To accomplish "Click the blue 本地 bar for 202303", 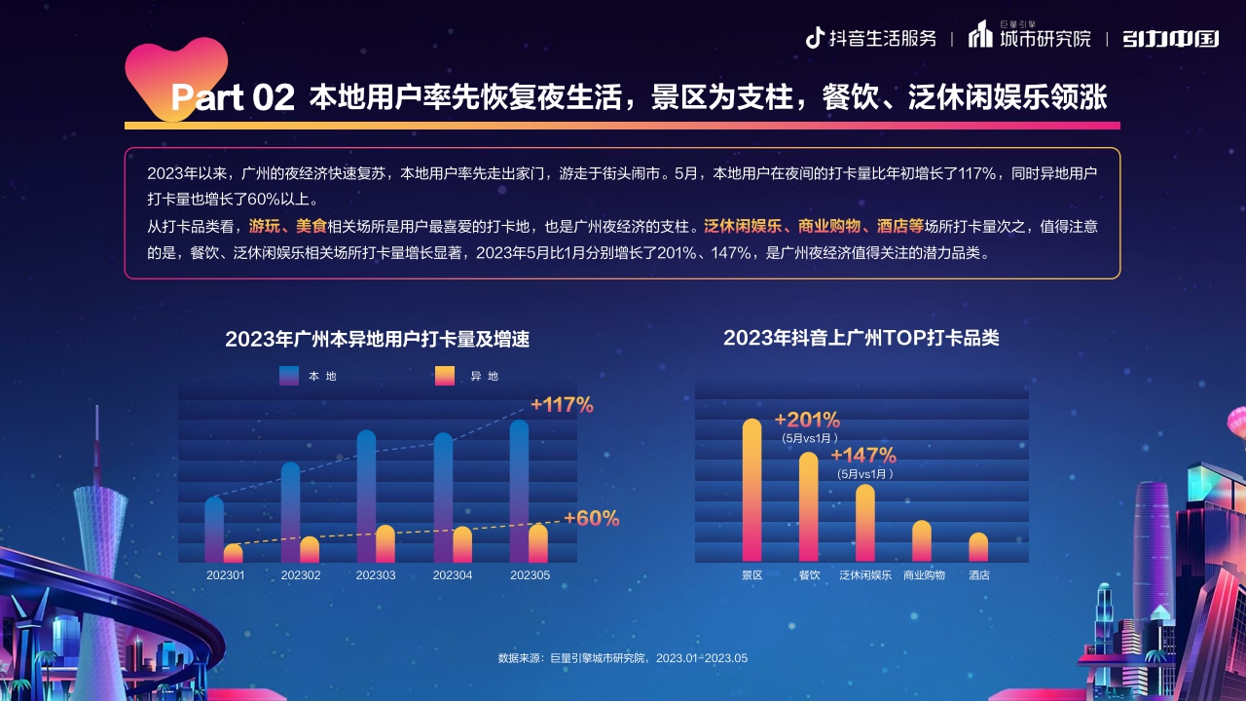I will [x=366, y=496].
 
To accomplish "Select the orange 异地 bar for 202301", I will [x=233, y=554].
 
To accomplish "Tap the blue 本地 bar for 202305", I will [x=519, y=491].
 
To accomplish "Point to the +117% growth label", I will [x=562, y=405].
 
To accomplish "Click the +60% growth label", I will [x=592, y=519].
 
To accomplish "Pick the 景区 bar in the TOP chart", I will [x=751, y=491].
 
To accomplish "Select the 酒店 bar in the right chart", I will [x=978, y=547].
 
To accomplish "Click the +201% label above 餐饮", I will [x=807, y=421].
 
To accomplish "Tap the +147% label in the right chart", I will [x=863, y=456].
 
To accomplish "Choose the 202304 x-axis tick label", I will [x=453, y=575].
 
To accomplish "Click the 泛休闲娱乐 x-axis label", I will [x=865, y=575].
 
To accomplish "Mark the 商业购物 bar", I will [x=922, y=541].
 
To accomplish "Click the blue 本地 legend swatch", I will [x=289, y=376].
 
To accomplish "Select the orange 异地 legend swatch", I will [x=445, y=376].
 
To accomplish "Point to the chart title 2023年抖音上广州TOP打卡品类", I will [x=861, y=338].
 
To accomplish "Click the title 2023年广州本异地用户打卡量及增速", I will [x=378, y=340].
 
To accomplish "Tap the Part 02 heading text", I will [x=233, y=97].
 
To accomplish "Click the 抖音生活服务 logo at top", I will [x=870, y=39].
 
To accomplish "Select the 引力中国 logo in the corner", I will [x=1170, y=39].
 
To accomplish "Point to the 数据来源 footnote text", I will [x=623, y=658].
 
